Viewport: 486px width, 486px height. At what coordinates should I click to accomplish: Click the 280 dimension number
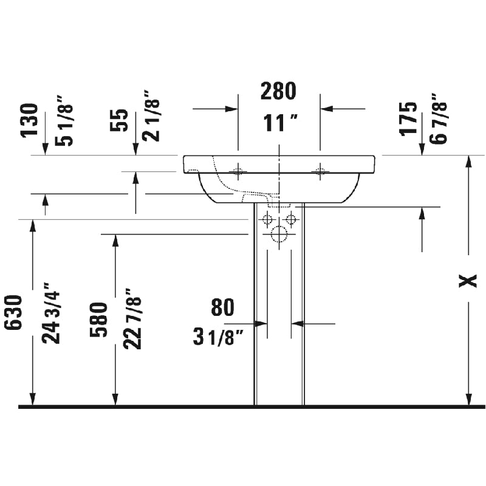coord(278,91)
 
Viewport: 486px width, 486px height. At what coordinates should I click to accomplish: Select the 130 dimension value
coord(29,120)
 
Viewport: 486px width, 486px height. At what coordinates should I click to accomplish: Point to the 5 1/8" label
coord(64,120)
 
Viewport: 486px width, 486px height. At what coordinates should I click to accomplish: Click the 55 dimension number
coord(119,120)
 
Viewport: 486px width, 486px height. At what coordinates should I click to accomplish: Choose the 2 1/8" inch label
coord(151,116)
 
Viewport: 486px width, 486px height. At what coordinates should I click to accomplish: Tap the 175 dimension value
coord(408,118)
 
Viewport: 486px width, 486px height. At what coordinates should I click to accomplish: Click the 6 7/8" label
coord(438,118)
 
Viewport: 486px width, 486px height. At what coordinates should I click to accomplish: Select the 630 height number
coord(13,312)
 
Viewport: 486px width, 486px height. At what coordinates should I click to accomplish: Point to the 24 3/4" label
coord(51,313)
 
